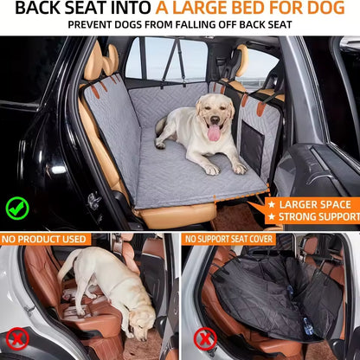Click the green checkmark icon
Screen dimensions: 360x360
click(17, 208)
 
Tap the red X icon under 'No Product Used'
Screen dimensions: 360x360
click(18, 338)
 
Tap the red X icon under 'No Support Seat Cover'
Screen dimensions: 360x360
click(204, 338)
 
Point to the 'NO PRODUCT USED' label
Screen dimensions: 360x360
click(45, 239)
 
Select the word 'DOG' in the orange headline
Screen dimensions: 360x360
click(333, 9)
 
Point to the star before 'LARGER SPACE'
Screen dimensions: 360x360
click(271, 204)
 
